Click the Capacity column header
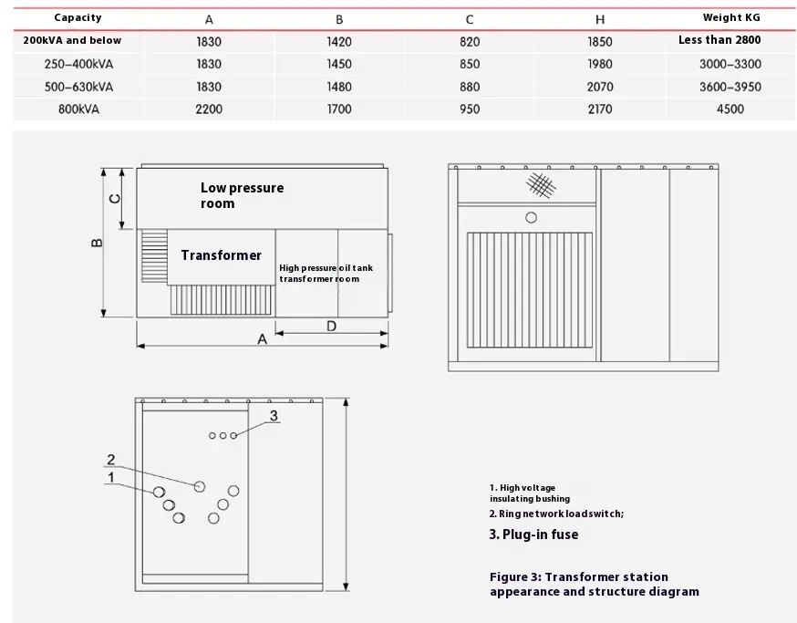click(x=78, y=17)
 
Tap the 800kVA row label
click(x=72, y=109)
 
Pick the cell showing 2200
click(x=209, y=109)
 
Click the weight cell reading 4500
click(x=730, y=109)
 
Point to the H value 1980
click(x=599, y=64)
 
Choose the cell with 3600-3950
click(x=730, y=87)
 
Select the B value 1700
click(x=338, y=109)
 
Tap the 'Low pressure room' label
click(x=242, y=195)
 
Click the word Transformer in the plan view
click(x=221, y=255)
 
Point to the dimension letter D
click(x=331, y=326)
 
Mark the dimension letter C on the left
click(x=115, y=198)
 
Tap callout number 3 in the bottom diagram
click(x=274, y=415)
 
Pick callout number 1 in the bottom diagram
click(x=110, y=477)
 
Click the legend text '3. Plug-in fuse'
click(x=533, y=535)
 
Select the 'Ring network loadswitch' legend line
click(x=556, y=514)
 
